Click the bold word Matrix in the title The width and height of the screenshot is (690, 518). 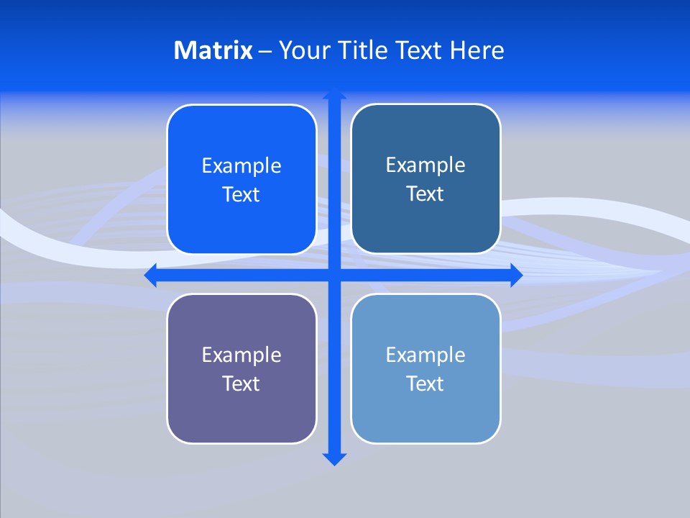tap(213, 50)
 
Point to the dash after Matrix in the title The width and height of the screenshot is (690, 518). tap(265, 51)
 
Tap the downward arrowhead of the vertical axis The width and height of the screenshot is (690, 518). tap(334, 458)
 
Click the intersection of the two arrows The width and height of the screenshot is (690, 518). tap(334, 275)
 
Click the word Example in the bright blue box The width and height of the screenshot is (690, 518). tap(241, 166)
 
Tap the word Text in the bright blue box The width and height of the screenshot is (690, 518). tap(241, 194)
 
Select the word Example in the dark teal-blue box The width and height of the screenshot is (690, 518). tap(425, 165)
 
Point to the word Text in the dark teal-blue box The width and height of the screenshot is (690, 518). tap(425, 194)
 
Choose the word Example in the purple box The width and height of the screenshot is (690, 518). tap(241, 355)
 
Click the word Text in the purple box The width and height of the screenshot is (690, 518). tap(241, 383)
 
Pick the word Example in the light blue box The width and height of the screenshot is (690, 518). tap(425, 355)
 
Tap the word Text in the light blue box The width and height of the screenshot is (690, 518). tap(425, 383)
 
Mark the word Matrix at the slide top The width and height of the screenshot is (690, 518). tap(213, 50)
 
